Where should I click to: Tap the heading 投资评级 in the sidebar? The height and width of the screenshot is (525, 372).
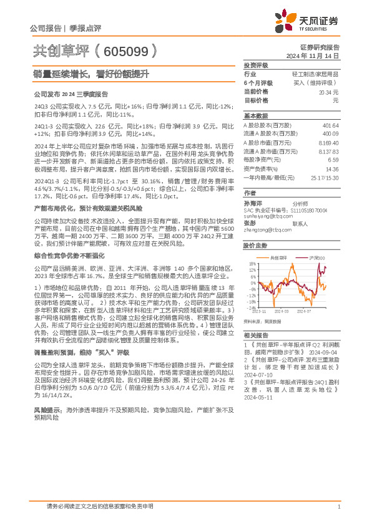256,65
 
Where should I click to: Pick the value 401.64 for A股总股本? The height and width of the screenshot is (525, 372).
331,125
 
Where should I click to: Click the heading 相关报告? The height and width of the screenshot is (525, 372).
256,334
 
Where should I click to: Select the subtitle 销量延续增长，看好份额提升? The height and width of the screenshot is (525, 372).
91,74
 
